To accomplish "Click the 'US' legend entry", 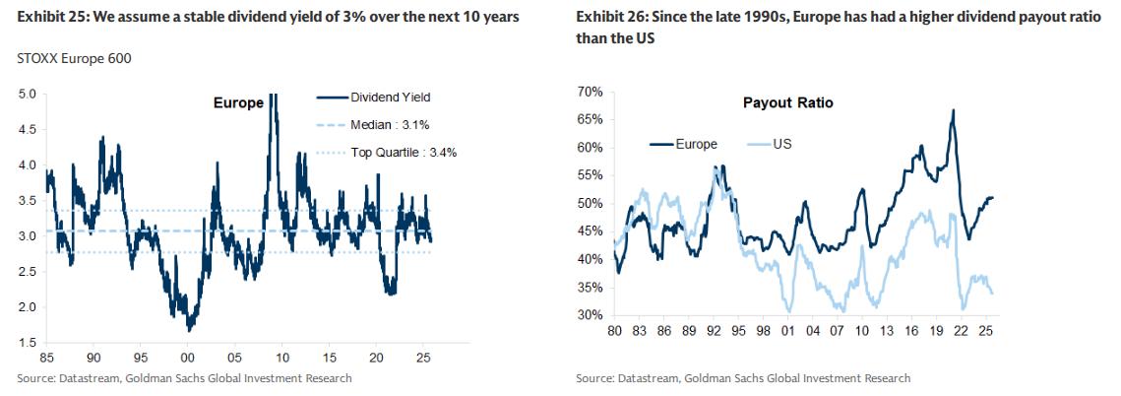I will click(781, 144).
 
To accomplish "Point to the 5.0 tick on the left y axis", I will click(28, 95).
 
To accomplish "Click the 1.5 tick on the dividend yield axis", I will click(28, 343).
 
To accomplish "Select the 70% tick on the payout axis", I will click(591, 92).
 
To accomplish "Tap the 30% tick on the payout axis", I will click(591, 315).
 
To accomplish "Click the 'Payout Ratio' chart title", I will click(788, 102).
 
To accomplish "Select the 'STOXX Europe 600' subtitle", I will click(75, 58).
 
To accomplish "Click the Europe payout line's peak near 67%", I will click(953, 110).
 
